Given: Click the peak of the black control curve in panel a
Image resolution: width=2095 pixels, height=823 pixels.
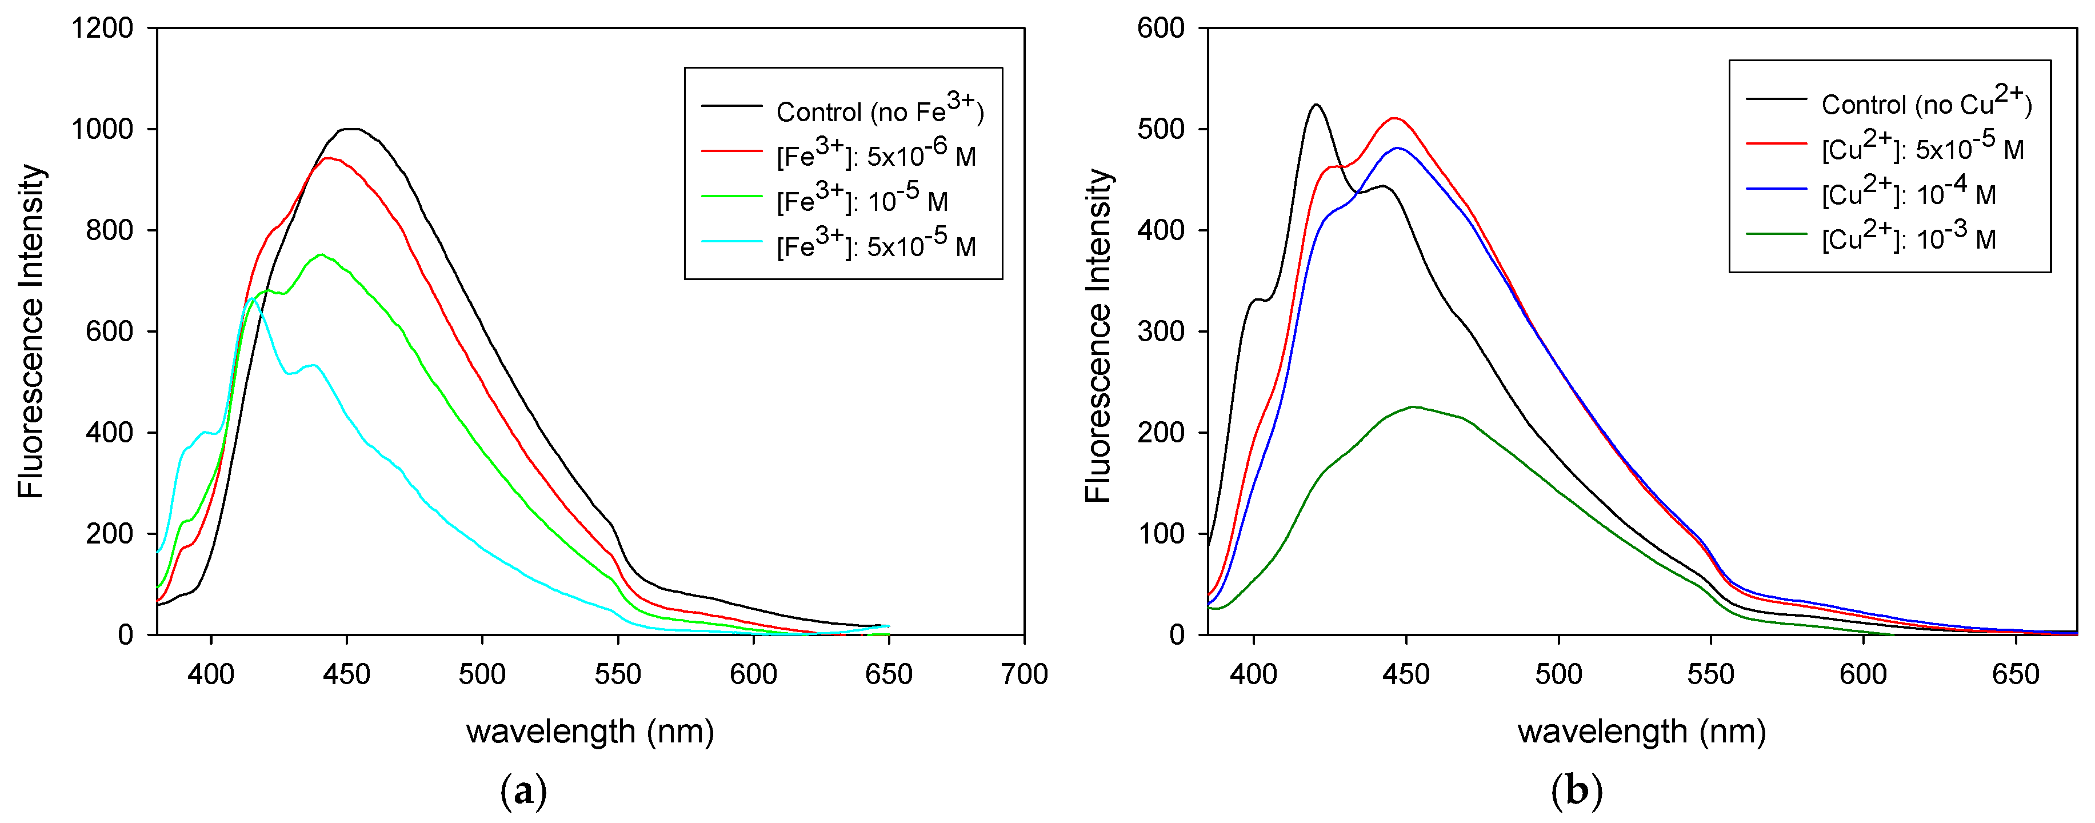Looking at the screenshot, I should click(x=350, y=129).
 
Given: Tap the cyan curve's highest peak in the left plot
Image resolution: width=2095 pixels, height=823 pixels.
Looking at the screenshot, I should click(x=252, y=298).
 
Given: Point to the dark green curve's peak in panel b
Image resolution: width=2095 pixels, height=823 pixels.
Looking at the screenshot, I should click(x=1412, y=406).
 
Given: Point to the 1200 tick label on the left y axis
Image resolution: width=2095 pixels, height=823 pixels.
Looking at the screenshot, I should click(x=102, y=29).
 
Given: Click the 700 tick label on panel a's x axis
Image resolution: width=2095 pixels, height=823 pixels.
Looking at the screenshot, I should click(x=1024, y=673).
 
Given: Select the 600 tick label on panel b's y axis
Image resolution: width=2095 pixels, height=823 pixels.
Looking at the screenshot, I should click(x=1161, y=29).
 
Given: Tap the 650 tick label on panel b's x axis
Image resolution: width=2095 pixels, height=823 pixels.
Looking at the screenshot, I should click(x=2016, y=673).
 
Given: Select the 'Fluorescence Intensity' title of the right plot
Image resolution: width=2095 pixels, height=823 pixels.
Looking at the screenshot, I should click(x=1098, y=335).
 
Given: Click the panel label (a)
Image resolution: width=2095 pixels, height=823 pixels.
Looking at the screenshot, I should click(x=523, y=790).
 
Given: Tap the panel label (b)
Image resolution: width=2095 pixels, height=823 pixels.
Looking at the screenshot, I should click(x=1576, y=790).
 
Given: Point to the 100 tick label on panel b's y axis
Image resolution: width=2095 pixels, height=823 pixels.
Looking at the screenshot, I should click(x=1161, y=533).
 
